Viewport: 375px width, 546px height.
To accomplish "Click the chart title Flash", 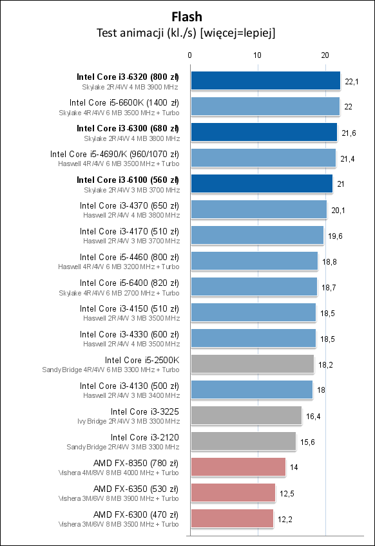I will click(x=187, y=17).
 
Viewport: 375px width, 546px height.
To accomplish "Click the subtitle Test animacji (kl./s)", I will click(x=187, y=33).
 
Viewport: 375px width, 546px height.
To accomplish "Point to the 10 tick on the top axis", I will click(x=258, y=55).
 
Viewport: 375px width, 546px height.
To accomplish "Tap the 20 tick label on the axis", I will click(x=325, y=55).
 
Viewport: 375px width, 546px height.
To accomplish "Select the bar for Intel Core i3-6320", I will click(x=265, y=80).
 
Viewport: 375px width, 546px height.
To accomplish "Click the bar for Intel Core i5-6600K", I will click(x=265, y=106).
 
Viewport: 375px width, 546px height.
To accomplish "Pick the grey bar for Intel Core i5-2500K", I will click(x=252, y=364).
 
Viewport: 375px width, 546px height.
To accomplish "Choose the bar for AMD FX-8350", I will click(x=238, y=467).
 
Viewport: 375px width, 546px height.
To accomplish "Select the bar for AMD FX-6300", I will click(x=232, y=518).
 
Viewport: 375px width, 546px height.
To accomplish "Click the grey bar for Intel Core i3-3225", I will click(x=246, y=415).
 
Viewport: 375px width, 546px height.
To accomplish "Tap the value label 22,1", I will click(x=352, y=81).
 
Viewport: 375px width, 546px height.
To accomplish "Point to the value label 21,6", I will click(x=349, y=133).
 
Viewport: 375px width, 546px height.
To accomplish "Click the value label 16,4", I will click(x=313, y=416).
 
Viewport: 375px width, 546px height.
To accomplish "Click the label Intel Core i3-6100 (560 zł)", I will click(x=128, y=180).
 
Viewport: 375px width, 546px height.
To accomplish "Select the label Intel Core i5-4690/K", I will click(x=114, y=154).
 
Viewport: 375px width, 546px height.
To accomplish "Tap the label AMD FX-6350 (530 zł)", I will click(x=136, y=489).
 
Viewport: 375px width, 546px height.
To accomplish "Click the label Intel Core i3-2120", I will click(x=145, y=437).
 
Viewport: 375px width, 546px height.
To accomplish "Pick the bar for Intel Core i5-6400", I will click(x=254, y=287).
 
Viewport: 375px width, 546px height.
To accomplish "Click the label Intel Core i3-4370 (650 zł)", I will click(x=130, y=205).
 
